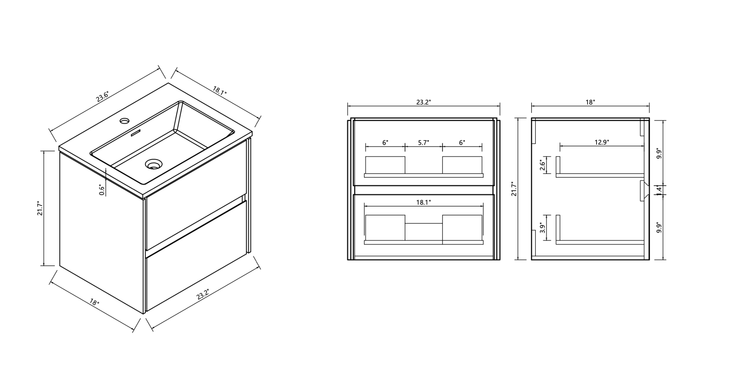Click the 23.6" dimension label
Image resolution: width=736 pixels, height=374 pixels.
click(103, 97)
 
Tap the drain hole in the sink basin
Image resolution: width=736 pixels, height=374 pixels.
click(154, 164)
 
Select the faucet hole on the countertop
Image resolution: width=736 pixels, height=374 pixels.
click(125, 120)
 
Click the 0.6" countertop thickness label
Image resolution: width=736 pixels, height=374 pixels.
click(102, 190)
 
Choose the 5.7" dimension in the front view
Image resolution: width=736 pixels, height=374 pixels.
click(424, 143)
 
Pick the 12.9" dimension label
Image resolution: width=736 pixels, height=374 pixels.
click(602, 142)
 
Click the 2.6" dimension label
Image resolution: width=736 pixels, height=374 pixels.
click(543, 165)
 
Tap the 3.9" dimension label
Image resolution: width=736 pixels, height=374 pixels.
click(543, 228)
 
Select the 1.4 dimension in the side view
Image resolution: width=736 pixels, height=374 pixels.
click(659, 190)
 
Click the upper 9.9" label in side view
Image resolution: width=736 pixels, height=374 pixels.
click(659, 154)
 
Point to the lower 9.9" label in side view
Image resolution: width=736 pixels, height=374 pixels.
click(659, 227)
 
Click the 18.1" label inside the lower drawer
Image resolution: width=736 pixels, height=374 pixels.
click(424, 202)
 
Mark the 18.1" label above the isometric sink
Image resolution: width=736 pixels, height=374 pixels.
click(220, 90)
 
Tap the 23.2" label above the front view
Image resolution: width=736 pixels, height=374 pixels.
click(424, 102)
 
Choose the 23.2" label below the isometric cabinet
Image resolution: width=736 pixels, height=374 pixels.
click(203, 294)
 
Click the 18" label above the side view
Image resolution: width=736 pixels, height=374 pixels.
click(590, 102)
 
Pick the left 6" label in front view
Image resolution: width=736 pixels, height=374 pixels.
click(385, 143)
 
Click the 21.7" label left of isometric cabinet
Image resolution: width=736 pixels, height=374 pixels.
click(40, 208)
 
